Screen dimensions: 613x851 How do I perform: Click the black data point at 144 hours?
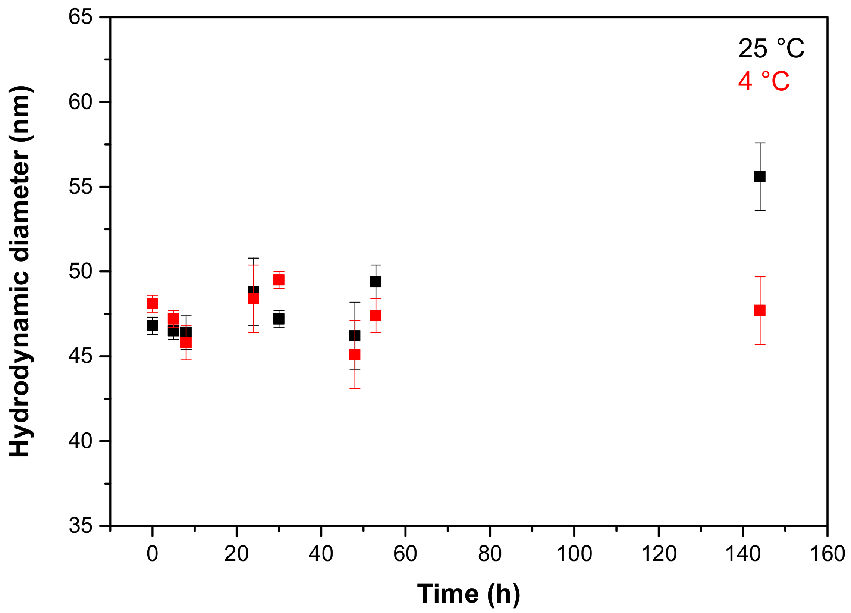coord(760,176)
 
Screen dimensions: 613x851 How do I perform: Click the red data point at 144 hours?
coord(760,310)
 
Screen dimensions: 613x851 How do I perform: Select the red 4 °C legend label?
coord(764,81)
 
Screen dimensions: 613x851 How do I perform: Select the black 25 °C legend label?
coord(771,49)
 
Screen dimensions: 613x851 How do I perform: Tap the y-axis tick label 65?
coord(80,17)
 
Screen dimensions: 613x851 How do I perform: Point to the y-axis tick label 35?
coord(80,526)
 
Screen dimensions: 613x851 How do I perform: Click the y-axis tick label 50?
coord(80,271)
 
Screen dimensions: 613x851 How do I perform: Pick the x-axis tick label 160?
coord(828,554)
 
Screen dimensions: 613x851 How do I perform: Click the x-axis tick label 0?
coord(152,554)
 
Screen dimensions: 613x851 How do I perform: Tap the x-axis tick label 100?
coord(574,554)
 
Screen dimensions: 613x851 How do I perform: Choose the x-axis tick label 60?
coord(405,554)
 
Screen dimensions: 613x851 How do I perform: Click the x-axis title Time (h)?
coord(469,594)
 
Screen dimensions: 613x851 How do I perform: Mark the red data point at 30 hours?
coord(279,280)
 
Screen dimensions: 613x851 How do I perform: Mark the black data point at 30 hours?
coord(279,319)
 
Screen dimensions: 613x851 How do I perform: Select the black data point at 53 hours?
coord(376,282)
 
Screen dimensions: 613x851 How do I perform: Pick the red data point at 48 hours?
coord(355,355)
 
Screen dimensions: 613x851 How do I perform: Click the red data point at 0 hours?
coord(152,303)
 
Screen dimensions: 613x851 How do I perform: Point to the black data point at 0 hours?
coord(152,326)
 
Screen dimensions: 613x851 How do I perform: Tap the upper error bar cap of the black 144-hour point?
coord(760,143)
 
